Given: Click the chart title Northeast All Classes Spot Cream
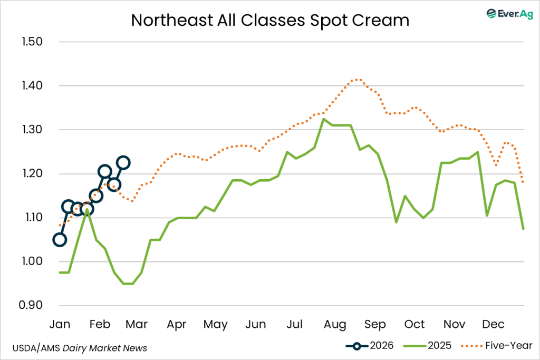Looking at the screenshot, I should (x=270, y=20).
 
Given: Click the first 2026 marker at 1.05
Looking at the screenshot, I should (x=60, y=240).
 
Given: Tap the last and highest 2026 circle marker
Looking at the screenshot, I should (x=123, y=162).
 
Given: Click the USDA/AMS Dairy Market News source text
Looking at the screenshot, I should (x=81, y=348).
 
